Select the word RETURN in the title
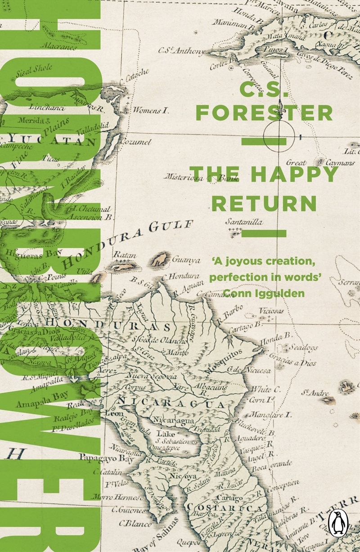[x=264, y=203]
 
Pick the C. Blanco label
[x=135, y=523]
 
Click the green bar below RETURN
[x=264, y=233]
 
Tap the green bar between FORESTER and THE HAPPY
[x=264, y=142]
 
